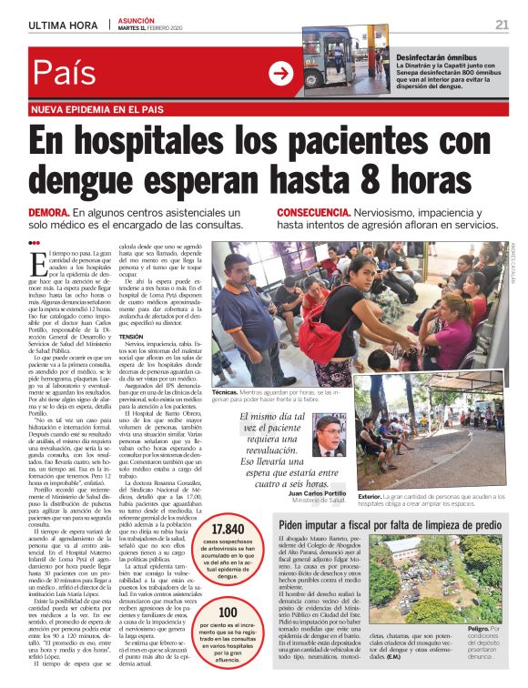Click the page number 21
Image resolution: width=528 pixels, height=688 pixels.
[x=502, y=24]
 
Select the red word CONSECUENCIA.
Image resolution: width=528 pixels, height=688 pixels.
[x=295, y=212]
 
